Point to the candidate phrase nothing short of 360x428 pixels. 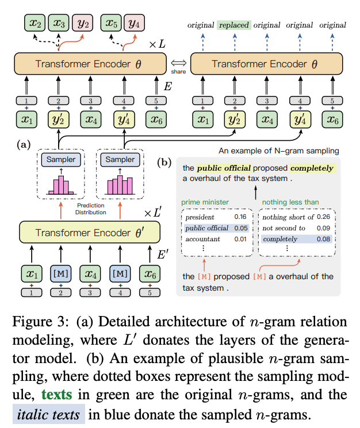[288, 218]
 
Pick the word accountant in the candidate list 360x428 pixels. [203, 238]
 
